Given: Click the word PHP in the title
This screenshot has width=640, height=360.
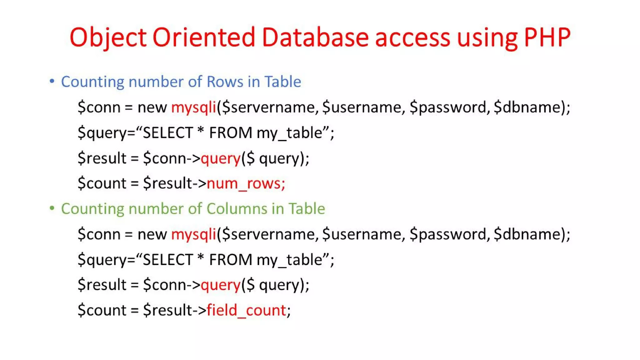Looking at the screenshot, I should pos(547,37).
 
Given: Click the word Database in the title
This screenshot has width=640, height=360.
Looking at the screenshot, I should pos(315,37).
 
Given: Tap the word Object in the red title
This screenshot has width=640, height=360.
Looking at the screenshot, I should pos(108,37).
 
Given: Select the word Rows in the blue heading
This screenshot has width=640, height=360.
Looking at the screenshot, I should pos(225,82).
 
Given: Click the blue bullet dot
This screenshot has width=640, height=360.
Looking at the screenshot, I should pos(52,81).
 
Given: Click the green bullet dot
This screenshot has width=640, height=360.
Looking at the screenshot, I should pos(52,208).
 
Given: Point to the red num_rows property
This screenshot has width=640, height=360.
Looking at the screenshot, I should pos(246,183).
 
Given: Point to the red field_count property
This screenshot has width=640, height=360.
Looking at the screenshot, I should pos(246,310).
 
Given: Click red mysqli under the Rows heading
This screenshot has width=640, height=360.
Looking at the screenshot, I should pos(193,107).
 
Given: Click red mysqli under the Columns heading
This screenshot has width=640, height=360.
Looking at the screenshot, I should pos(193,234).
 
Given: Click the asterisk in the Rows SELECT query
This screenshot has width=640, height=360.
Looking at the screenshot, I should pos(201,131).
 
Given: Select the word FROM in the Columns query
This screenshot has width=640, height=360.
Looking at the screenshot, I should pos(231,260).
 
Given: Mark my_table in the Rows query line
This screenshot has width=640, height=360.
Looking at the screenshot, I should pos(289,133).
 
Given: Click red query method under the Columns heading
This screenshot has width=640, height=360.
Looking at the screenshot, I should pos(220,285).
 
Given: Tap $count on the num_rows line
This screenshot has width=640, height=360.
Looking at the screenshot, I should pos(102,183).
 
